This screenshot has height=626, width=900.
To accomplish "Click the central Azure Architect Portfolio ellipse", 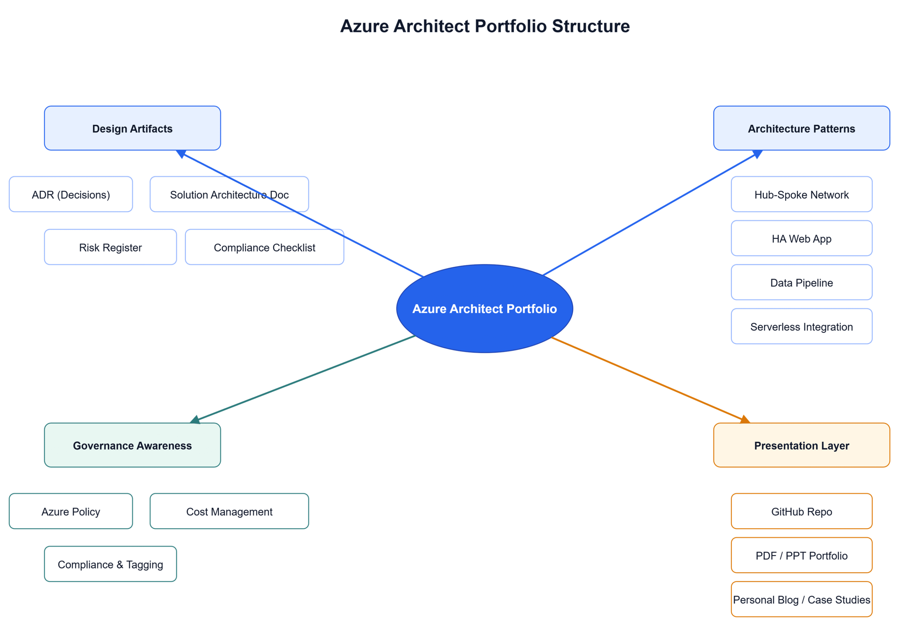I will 484,309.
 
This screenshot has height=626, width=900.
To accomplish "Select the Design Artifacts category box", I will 133,128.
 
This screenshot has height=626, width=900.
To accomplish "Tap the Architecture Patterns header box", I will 801,128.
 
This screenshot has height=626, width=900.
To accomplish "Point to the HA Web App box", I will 801,238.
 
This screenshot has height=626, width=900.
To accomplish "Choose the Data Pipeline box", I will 801,282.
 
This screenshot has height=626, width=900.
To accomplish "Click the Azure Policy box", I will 71,511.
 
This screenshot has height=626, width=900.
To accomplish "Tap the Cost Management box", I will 229,511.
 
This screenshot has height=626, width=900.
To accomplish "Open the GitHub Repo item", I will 801,511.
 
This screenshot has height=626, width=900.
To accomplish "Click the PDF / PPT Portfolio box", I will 801,555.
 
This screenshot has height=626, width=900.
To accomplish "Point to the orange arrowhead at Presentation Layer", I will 745,419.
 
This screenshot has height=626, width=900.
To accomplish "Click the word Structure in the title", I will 591,26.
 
